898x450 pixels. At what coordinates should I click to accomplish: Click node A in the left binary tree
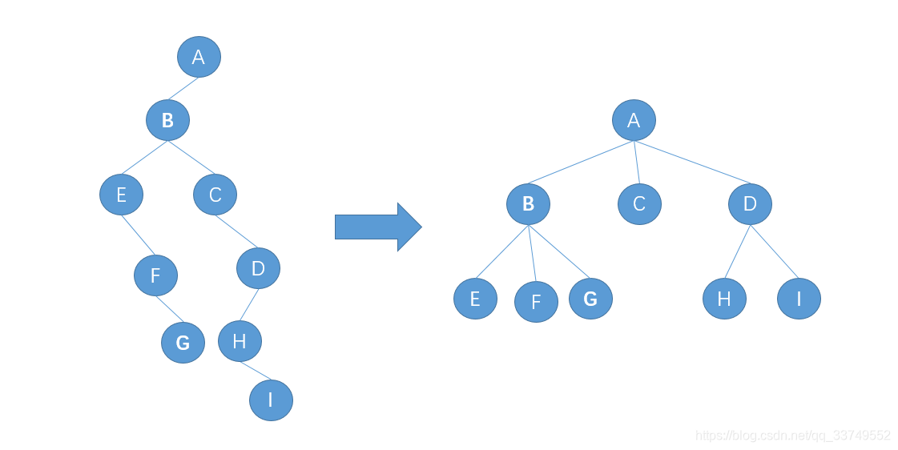coord(199,57)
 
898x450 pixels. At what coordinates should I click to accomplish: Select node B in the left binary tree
coord(167,120)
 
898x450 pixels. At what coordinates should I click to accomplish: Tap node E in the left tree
coord(122,195)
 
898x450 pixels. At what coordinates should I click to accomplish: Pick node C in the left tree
coord(215,195)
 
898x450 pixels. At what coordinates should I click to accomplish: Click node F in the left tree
coord(155,275)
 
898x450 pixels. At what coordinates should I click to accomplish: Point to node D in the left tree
coord(258,268)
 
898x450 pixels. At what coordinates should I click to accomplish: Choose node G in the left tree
coord(183,343)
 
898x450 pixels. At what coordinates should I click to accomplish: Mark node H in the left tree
coord(240,341)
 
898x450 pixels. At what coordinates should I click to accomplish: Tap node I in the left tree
coord(271,400)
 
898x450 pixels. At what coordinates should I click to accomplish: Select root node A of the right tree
coord(634,120)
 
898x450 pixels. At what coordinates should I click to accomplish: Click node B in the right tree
coord(528,203)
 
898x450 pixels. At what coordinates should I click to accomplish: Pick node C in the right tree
coord(639,203)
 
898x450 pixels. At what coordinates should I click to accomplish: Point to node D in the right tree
coord(750,203)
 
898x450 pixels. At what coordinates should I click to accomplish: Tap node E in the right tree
coord(475,299)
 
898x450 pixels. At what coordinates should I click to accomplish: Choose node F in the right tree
coord(536,302)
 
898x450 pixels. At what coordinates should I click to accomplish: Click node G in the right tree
coord(590,299)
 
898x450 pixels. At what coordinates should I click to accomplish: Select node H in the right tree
coord(724,299)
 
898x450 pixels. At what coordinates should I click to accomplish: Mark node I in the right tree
coord(799,299)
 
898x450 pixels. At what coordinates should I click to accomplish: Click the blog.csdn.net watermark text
coord(792,436)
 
